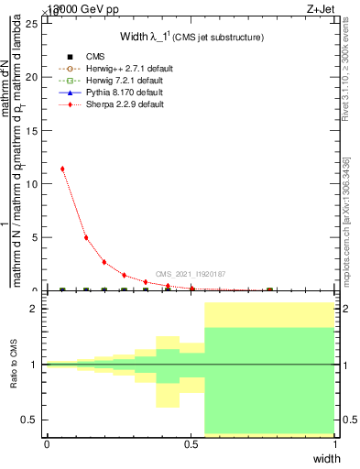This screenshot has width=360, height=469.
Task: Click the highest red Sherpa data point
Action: click(62, 169)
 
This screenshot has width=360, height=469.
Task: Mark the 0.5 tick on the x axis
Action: click(191, 444)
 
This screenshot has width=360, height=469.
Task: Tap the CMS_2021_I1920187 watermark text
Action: click(191, 274)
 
